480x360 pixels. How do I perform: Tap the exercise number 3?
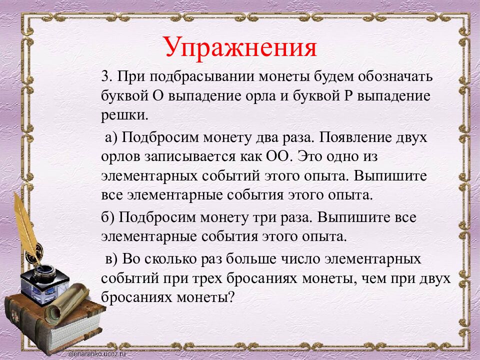coord(104,78)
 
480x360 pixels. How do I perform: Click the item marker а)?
coord(110,137)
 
